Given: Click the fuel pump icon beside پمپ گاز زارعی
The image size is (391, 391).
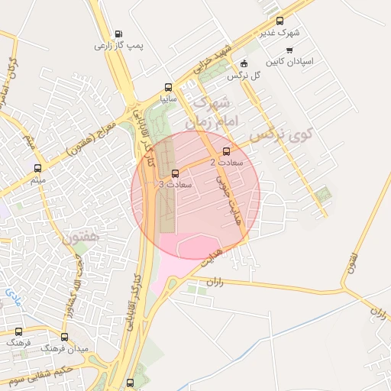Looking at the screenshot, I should [118, 34].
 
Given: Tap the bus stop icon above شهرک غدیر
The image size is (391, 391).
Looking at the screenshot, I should [280, 21].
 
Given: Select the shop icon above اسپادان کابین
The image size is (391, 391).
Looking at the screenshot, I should [289, 50].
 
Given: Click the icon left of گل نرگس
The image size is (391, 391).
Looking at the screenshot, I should [244, 64].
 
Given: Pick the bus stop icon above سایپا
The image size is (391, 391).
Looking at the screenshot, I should [168, 87].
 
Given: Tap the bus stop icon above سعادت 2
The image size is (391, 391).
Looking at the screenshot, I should [225, 150].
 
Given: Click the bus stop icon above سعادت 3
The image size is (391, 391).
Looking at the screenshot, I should [176, 173].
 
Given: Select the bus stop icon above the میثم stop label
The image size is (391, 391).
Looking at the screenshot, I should [37, 167].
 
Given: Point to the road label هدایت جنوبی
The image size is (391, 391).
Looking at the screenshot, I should [230, 195].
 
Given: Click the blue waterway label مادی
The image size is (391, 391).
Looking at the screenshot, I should [14, 294].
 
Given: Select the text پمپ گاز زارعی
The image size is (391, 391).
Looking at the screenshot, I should [119, 46].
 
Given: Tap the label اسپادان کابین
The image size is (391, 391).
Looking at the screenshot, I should [286, 61].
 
